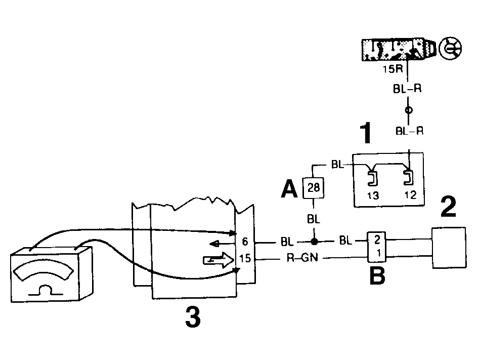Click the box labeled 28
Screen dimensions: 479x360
(313, 187)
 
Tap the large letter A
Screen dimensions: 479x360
(289, 189)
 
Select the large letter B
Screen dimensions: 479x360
(377, 275)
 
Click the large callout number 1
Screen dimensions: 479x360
(366, 133)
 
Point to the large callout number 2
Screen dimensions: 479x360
(448, 207)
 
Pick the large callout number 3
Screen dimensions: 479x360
(193, 317)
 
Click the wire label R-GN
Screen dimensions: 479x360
(302, 258)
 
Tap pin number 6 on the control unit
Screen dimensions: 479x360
(245, 242)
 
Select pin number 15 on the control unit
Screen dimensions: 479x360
(245, 258)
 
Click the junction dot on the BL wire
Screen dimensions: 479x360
(314, 242)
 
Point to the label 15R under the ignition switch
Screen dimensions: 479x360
(393, 69)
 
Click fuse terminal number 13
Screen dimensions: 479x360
(373, 195)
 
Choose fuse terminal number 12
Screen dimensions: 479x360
(410, 195)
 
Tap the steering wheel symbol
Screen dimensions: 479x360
(450, 49)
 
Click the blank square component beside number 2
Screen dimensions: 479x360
(449, 248)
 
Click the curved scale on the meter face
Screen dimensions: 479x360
(44, 269)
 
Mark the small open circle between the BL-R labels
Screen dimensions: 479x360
(408, 110)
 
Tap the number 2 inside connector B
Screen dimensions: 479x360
(377, 239)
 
